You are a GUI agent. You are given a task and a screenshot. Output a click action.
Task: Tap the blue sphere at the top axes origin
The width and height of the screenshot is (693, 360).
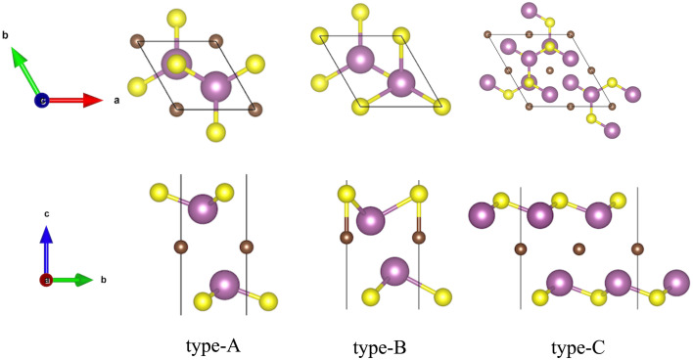[x=42, y=100]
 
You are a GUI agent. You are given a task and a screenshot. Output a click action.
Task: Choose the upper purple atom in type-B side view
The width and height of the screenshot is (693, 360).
[x=371, y=221]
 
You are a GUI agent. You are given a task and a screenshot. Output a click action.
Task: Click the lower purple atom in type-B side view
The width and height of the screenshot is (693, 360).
[x=394, y=271]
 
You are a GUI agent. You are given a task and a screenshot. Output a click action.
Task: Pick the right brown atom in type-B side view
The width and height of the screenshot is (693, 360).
[x=419, y=236]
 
